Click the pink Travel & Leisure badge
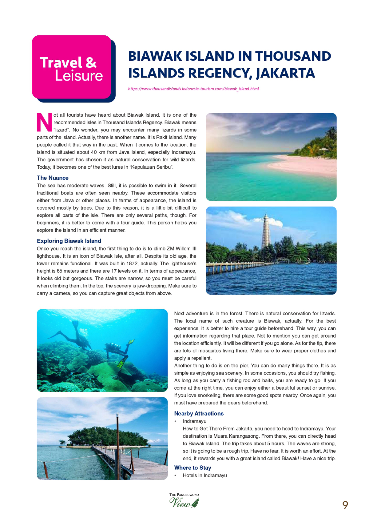click(71, 67)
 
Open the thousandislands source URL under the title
click(193, 89)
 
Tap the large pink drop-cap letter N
click(44, 122)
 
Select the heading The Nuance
click(53, 178)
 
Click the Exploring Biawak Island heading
click(69, 241)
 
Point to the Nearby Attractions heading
click(199, 414)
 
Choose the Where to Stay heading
click(192, 468)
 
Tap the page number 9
click(345, 505)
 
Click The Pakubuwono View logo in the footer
click(184, 500)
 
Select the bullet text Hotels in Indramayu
click(205, 476)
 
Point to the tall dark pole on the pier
click(117, 443)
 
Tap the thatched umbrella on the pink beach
click(323, 150)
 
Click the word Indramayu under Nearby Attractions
click(195, 421)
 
